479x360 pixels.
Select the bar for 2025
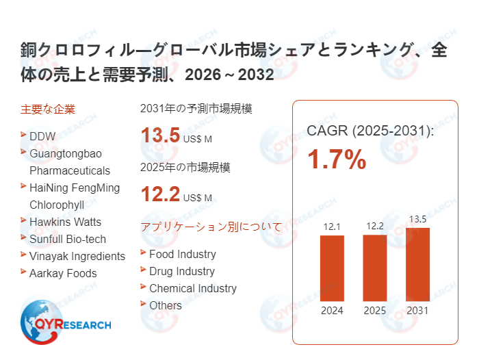374,268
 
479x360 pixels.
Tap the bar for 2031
417,264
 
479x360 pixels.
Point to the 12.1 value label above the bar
332,226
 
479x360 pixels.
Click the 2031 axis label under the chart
417,311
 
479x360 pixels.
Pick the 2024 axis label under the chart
332,311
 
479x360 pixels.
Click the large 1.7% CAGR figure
336,160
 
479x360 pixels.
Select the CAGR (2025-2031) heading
370,130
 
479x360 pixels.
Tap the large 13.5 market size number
160,136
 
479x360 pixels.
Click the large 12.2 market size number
160,195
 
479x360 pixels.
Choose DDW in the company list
42,136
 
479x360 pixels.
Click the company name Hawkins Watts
65,222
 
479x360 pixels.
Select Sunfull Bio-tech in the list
68,239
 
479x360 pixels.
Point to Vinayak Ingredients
77,256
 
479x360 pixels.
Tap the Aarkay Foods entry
63,273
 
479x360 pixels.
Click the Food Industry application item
182,254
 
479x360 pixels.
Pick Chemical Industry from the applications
192,288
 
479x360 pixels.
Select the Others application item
165,305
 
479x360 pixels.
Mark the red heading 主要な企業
48,109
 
